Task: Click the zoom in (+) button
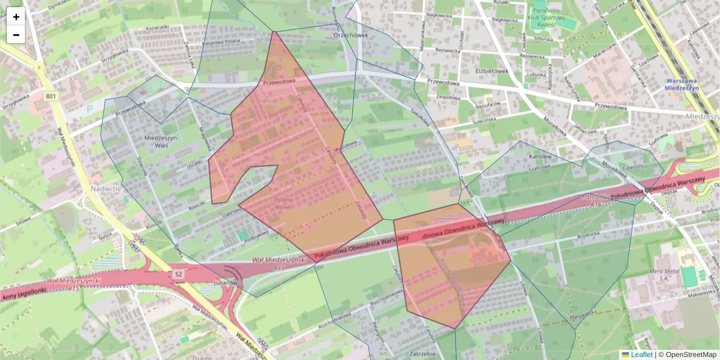[x=16, y=17]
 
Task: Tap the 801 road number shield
[x=52, y=96]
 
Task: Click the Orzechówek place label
[x=349, y=35]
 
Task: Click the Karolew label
[x=523, y=157]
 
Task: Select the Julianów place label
[x=226, y=282]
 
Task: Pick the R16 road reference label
[x=595, y=205]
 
